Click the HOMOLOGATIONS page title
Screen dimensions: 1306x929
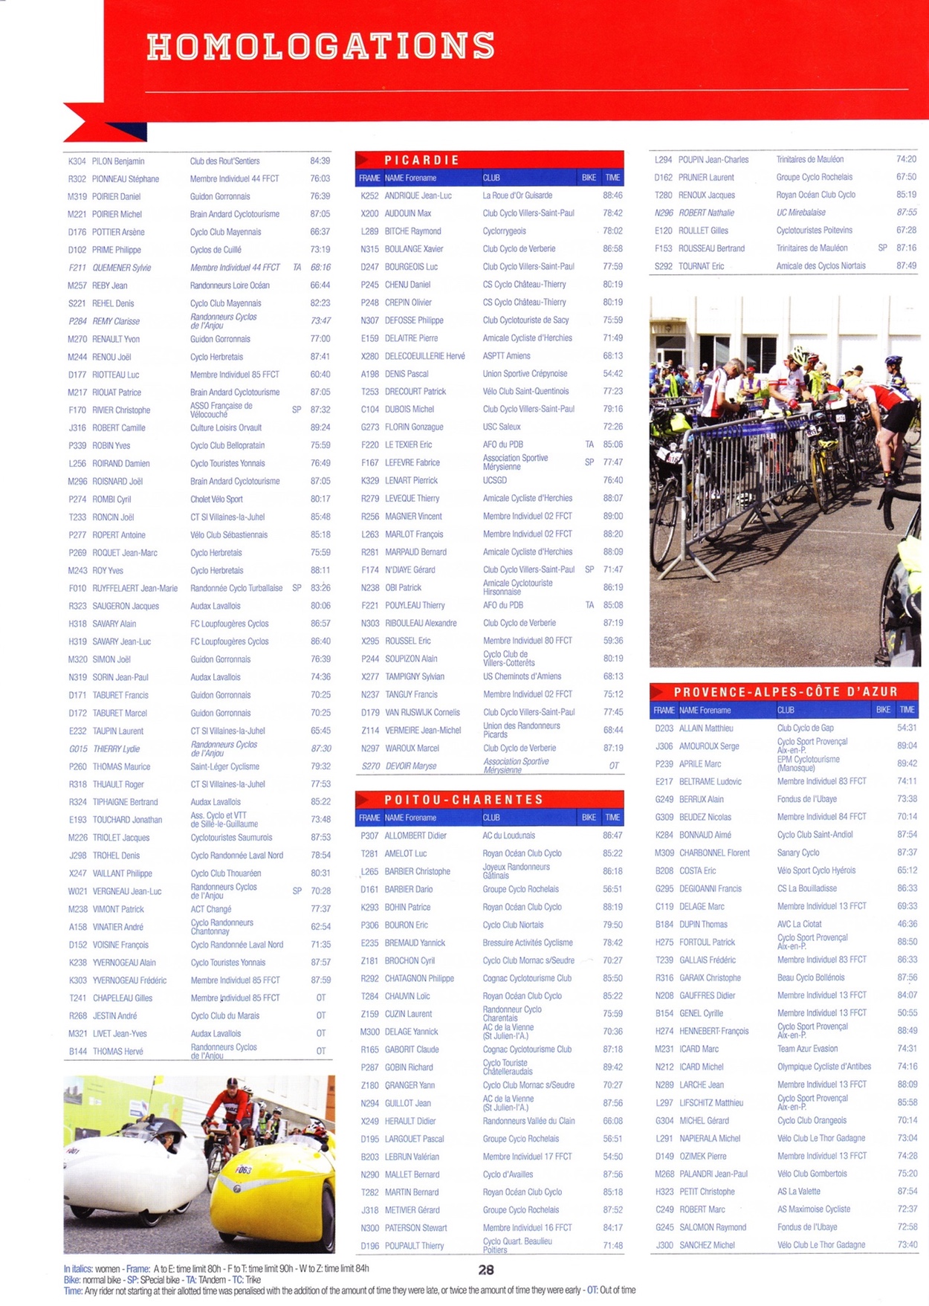320,46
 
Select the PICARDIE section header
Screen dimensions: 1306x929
421,160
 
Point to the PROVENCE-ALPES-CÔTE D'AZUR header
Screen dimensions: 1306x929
786,691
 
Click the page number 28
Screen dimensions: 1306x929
486,1270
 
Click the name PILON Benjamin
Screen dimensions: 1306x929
118,161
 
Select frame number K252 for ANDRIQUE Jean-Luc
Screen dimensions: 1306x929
369,195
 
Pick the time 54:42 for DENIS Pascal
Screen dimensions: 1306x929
612,374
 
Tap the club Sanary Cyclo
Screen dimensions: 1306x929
798,853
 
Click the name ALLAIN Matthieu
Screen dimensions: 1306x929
706,728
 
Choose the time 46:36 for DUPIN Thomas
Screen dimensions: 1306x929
907,924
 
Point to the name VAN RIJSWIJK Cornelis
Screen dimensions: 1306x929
422,712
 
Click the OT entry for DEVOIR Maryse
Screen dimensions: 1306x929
614,766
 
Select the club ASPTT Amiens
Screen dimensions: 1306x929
506,356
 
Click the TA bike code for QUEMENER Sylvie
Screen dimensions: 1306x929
297,268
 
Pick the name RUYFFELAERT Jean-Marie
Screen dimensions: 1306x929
135,588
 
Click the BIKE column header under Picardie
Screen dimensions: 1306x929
589,178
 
